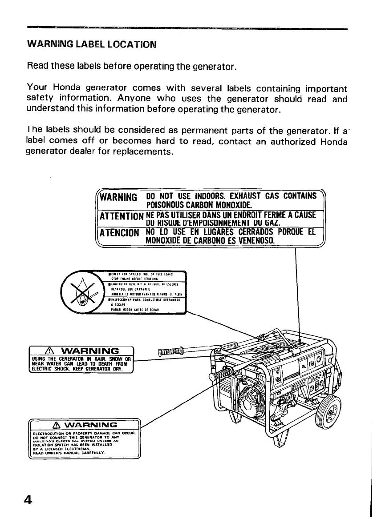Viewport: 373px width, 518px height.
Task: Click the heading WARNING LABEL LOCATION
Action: click(x=92, y=44)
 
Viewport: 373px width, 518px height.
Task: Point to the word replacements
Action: click(x=146, y=151)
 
